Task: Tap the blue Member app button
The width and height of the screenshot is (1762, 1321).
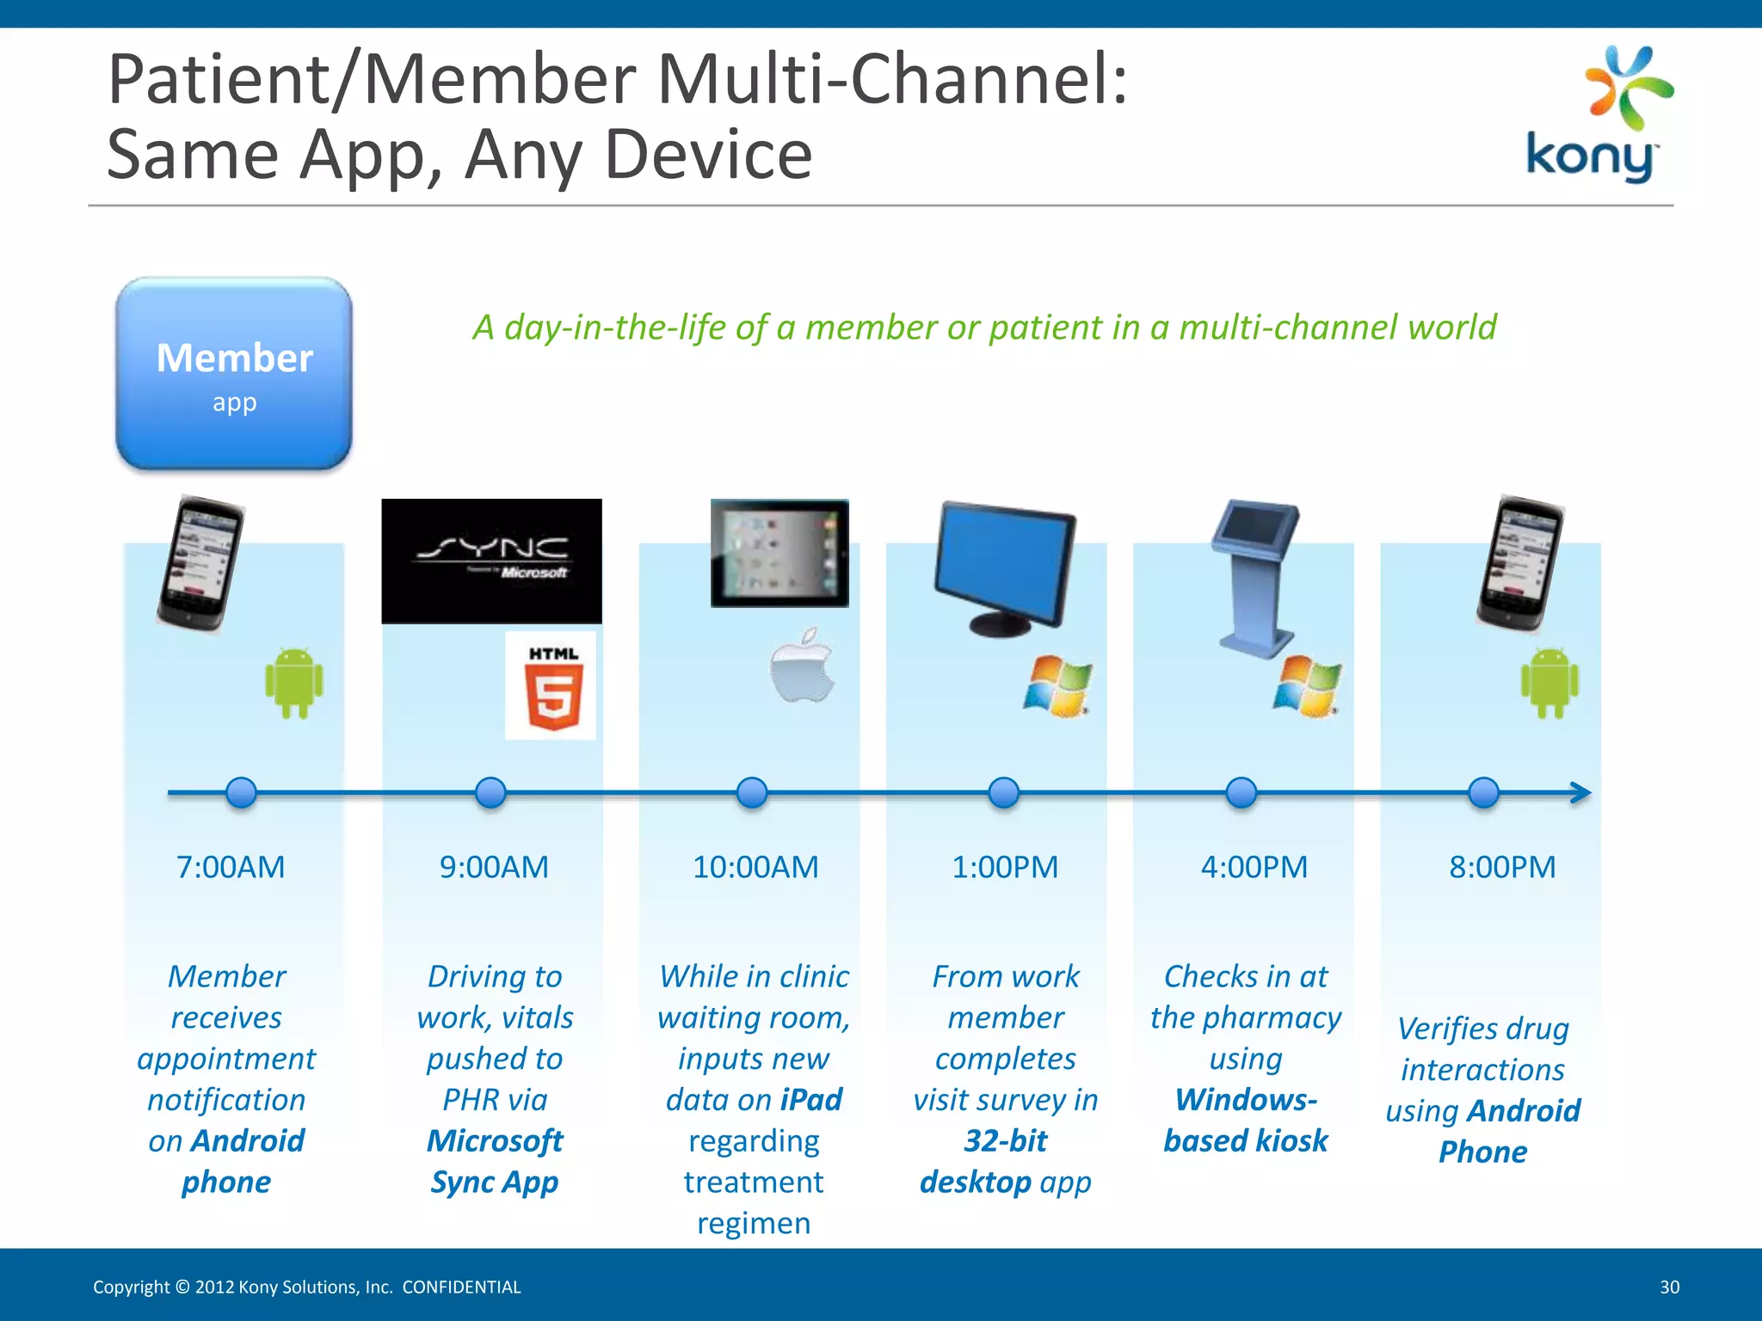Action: tap(234, 374)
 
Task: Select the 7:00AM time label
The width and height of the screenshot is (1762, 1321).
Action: tap(231, 867)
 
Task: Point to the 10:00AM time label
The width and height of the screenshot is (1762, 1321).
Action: tap(755, 867)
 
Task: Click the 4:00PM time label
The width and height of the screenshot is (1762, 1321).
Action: tap(1254, 867)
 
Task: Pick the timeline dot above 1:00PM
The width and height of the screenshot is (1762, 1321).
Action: tap(1004, 792)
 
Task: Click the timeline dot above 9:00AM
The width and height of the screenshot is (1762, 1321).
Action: tap(490, 792)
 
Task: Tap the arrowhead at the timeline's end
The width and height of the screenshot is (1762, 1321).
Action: tap(1581, 792)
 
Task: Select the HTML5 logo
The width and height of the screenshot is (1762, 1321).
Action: tap(551, 686)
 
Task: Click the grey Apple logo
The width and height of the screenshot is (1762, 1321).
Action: tap(802, 667)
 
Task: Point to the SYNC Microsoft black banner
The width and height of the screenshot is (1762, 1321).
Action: tap(491, 561)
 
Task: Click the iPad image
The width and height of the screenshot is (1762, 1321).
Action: tap(779, 553)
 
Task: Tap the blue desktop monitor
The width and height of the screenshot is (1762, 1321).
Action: tap(1005, 568)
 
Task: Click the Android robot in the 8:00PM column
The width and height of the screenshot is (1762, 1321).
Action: tap(1550, 684)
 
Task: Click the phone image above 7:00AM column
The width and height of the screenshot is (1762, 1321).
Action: tap(200, 563)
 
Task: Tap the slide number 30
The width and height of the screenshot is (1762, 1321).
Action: tap(1669, 1287)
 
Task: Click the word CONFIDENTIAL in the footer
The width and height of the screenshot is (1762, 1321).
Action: tap(461, 1287)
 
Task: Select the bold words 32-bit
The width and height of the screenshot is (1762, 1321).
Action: tap(1005, 1140)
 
